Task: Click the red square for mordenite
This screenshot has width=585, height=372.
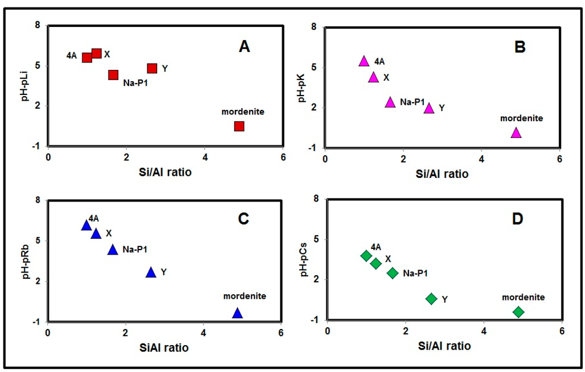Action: pos(239,126)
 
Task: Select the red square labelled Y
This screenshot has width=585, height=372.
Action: pos(152,68)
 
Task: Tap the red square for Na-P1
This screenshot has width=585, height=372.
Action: pos(113,75)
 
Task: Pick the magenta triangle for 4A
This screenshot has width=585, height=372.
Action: pos(364,61)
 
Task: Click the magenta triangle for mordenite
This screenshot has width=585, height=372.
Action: pos(516,133)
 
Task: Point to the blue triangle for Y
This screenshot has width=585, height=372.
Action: pos(151,272)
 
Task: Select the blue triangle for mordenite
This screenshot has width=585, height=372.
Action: pos(237,313)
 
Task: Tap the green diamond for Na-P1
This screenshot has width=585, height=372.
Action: pos(392,273)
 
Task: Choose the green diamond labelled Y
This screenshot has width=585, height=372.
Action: pos(431,298)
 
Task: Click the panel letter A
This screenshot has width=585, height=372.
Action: pos(245,47)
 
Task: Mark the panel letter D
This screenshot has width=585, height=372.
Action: pos(518,219)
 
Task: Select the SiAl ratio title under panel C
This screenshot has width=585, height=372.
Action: pos(164,347)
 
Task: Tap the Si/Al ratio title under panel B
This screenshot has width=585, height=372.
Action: pos(442,174)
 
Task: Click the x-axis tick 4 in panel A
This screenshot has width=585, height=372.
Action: pos(205,157)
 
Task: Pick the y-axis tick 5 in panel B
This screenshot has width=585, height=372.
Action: pos(314,67)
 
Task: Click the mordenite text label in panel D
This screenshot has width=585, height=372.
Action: pos(523,297)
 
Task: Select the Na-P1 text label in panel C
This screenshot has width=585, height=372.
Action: pos(135,249)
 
